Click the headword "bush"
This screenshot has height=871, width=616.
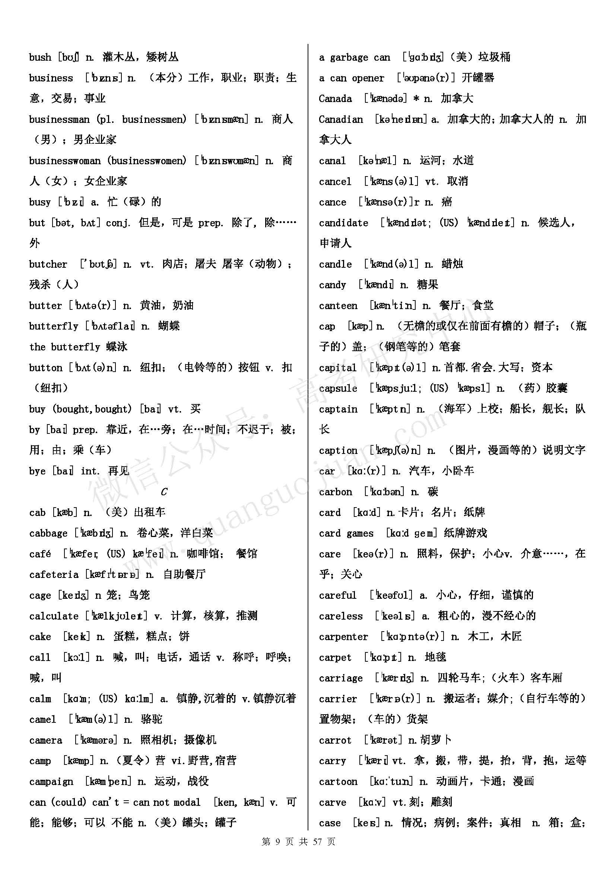pos(40,57)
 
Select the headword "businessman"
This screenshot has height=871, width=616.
pos(59,120)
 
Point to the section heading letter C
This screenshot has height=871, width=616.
pos(164,492)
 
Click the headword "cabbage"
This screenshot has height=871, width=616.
pos(48,533)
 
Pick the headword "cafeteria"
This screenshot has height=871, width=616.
pos(54,575)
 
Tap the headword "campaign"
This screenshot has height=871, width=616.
pos(51,782)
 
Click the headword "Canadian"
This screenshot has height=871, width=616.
pos(341,120)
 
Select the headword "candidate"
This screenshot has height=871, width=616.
pos(343,223)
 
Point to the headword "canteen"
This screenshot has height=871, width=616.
pos(338,306)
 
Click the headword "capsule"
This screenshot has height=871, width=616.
pos(338,388)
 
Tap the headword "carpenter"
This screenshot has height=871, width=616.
pos(343,636)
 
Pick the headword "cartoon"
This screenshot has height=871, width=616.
pos(338,782)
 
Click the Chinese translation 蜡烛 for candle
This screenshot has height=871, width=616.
pos(452,264)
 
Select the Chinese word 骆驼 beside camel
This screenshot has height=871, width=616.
pos(151,719)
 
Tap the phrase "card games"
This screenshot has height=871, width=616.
pos(346,533)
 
